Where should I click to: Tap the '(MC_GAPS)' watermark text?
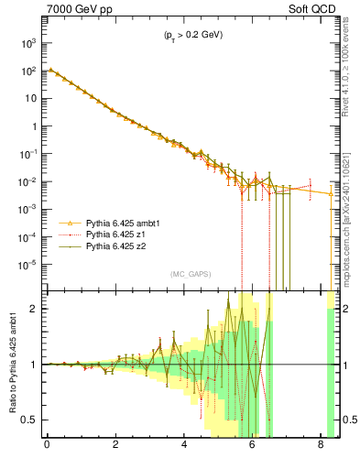pyautogui.click(x=188, y=274)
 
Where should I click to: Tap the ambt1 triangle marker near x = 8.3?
pyautogui.click(x=332, y=193)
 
